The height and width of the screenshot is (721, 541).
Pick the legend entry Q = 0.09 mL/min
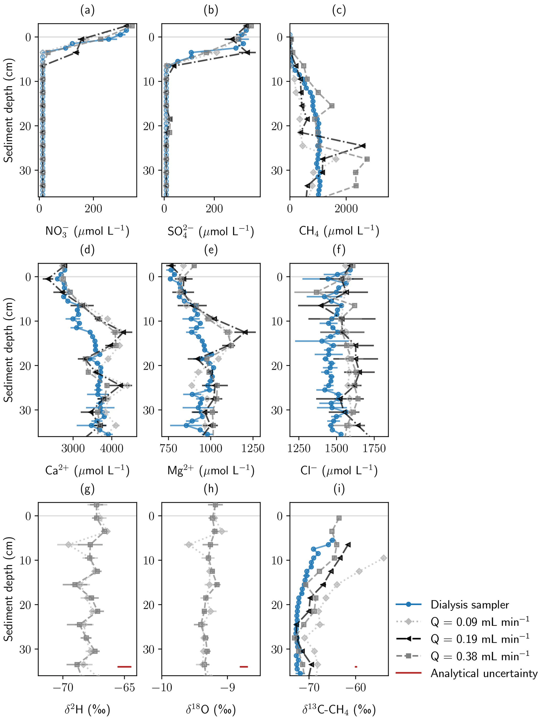click(x=479, y=622)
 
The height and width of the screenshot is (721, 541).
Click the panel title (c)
click(x=339, y=10)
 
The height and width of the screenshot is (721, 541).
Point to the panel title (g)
click(x=87, y=489)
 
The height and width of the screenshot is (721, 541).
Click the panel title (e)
click(x=211, y=250)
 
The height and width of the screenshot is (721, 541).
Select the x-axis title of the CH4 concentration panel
click(x=339, y=231)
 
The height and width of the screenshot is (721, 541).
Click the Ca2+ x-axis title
click(x=87, y=471)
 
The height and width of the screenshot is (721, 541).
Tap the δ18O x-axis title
click(x=211, y=709)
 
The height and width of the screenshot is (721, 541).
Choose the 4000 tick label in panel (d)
click(x=111, y=449)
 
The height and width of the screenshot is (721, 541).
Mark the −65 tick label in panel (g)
click(x=125, y=688)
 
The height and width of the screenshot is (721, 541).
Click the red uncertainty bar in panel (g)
click(x=124, y=667)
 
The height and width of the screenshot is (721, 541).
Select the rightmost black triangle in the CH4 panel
click(x=363, y=146)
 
